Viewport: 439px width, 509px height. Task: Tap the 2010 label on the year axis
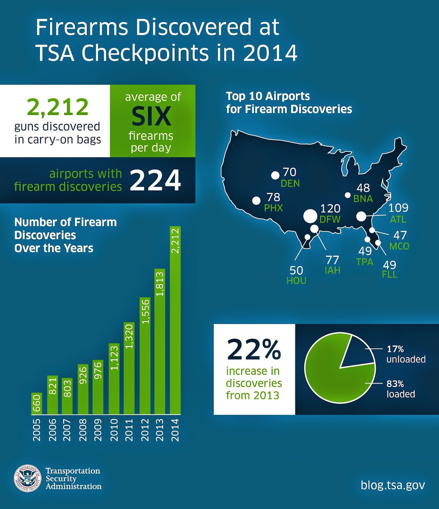click(x=114, y=430)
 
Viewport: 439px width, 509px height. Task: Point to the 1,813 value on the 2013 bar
click(x=160, y=284)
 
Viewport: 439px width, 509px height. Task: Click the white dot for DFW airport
click(x=310, y=216)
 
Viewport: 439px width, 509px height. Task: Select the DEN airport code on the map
click(x=290, y=184)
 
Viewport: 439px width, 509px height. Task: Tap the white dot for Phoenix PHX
click(x=256, y=201)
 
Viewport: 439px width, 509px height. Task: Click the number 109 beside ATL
click(x=398, y=208)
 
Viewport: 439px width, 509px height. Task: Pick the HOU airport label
click(x=296, y=281)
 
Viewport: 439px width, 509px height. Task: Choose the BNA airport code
click(x=363, y=199)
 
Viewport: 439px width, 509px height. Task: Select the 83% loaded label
click(x=400, y=389)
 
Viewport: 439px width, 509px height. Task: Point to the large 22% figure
click(x=254, y=350)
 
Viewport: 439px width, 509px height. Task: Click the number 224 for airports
click(x=155, y=180)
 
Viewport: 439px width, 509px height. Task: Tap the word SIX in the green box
click(x=151, y=116)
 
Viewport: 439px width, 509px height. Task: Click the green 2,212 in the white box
click(x=58, y=107)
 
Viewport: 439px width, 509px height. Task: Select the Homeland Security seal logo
click(x=27, y=478)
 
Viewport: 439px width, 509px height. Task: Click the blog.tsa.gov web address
click(x=393, y=485)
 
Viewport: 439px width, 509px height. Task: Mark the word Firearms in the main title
click(x=82, y=27)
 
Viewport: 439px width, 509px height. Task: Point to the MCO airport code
click(x=399, y=246)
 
